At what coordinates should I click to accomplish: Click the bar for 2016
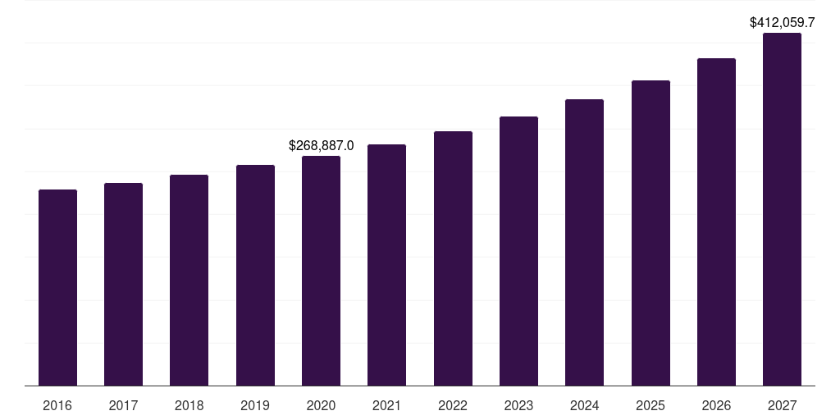tap(57, 287)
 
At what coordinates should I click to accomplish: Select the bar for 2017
tap(123, 284)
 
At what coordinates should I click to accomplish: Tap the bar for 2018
tap(189, 280)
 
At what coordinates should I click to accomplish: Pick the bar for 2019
tap(255, 275)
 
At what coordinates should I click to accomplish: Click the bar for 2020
tap(321, 271)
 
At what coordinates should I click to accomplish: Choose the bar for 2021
tap(386, 265)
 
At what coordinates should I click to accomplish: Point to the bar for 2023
tap(518, 251)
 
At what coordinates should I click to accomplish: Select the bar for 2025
tap(651, 233)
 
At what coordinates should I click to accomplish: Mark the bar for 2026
tap(716, 221)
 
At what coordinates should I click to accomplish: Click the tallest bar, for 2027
tap(782, 209)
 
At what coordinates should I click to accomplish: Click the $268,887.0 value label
tap(321, 145)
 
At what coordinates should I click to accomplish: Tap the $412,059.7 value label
tap(782, 23)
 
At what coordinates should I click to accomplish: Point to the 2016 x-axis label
tap(57, 405)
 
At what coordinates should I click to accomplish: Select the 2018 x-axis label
tap(189, 405)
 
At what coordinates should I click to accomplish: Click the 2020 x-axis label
tap(321, 405)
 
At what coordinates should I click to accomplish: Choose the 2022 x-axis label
tap(453, 405)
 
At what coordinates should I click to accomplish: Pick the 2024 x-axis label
tap(584, 405)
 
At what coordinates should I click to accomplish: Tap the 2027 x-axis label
tap(782, 405)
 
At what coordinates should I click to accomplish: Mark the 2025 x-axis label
tap(651, 405)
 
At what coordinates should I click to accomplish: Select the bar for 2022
tap(453, 258)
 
